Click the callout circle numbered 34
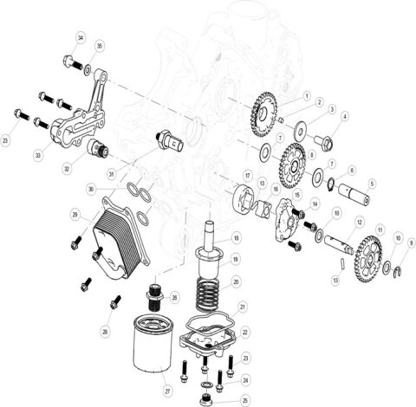click(x=81, y=38)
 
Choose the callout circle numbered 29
click(x=75, y=214)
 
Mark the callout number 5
click(x=371, y=183)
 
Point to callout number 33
click(x=37, y=155)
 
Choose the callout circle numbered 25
click(x=246, y=400)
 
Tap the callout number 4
click(x=345, y=116)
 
